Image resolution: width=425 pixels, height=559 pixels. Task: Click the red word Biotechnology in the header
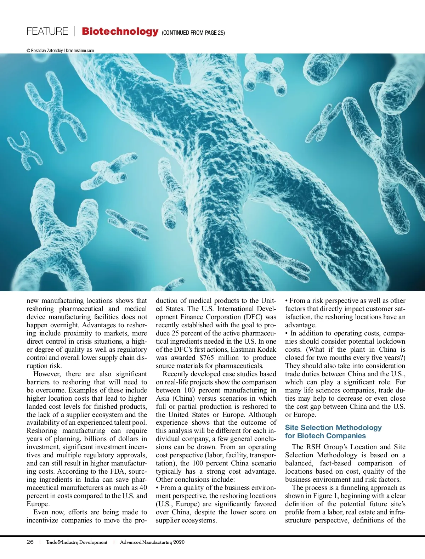pyautogui.click(x=120, y=31)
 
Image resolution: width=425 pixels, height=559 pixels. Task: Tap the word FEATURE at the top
pyautogui.click(x=47, y=31)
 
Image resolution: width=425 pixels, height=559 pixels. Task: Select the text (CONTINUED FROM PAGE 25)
pyautogui.click(x=193, y=33)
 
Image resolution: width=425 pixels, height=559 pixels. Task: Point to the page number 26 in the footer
pyautogui.click(x=30, y=542)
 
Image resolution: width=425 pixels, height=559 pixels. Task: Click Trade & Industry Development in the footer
pyautogui.click(x=76, y=542)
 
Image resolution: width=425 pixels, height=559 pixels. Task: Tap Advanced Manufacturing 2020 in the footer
pyautogui.click(x=152, y=542)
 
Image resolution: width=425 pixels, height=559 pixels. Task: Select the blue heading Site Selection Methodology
pyautogui.click(x=333, y=428)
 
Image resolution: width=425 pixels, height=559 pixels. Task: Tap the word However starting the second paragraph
pyautogui.click(x=46, y=374)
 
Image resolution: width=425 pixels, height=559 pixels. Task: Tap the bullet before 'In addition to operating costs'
pyautogui.click(x=287, y=333)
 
